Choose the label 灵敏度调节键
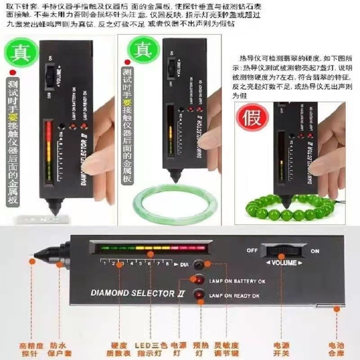click(224, 349)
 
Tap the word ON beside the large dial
click(315, 251)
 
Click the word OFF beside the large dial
click(252, 250)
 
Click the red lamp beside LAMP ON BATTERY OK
click(198, 281)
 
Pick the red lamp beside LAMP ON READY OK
click(198, 295)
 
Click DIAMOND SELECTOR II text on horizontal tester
click(133, 292)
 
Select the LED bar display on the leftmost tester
click(49, 151)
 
